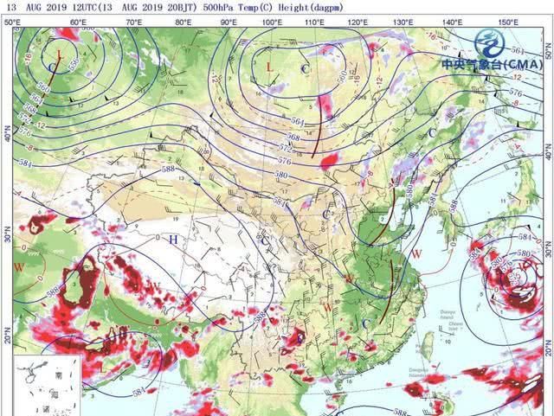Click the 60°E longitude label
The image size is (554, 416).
click(x=77, y=21)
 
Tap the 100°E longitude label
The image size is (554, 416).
click(x=270, y=21)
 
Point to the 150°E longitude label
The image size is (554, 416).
click(x=508, y=21)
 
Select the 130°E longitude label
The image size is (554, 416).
click(x=403, y=21)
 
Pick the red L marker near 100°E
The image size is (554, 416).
click(x=269, y=67)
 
